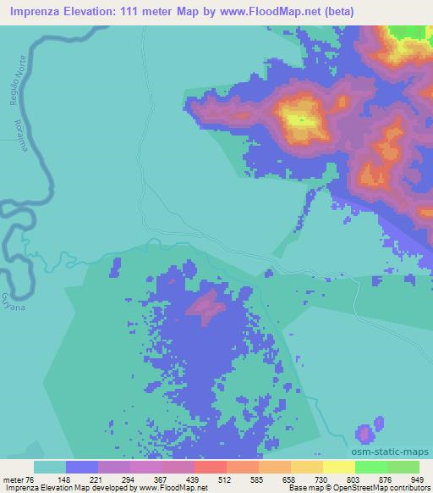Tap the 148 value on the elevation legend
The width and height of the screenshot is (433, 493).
coord(83,478)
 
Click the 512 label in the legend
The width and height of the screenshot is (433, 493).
coord(214,478)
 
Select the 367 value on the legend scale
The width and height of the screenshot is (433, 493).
coord(148,478)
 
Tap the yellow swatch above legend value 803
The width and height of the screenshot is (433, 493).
coord(337,467)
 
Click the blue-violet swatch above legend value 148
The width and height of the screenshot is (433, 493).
coord(82,467)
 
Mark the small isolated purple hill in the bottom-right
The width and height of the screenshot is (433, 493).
coord(364,433)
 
